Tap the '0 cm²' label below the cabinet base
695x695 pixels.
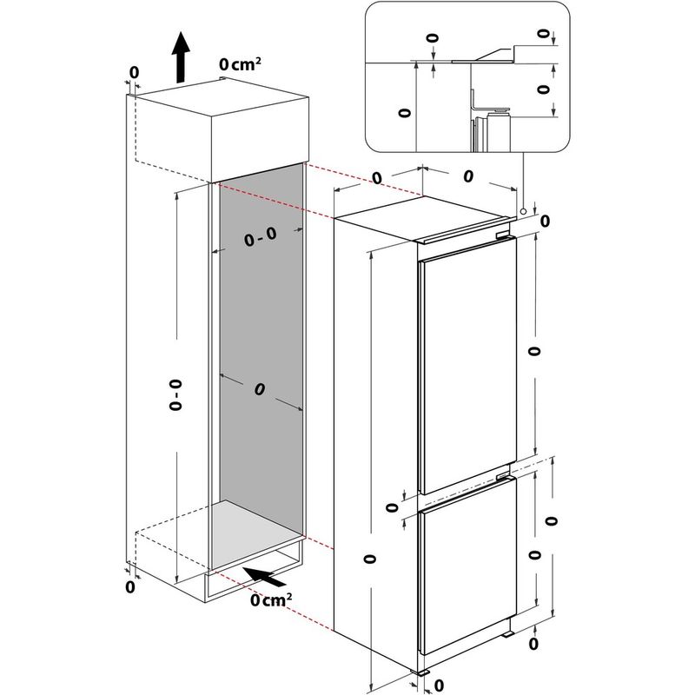270,599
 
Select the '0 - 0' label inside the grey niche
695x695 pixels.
260,241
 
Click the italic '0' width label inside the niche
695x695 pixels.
259,390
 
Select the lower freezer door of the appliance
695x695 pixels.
467,573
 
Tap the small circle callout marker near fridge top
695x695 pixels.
522,211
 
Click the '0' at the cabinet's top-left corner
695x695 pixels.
134,71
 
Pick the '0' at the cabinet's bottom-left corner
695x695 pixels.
130,587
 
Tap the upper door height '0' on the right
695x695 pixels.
533,351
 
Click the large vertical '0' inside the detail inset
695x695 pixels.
402,113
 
